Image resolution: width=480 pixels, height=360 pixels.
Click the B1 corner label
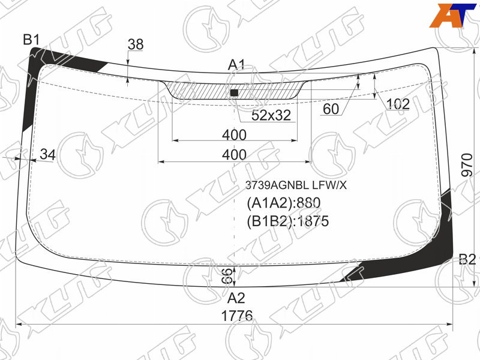[32, 40]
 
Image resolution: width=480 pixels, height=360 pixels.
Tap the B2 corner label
[467, 260]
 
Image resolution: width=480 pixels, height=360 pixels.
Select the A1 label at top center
[236, 65]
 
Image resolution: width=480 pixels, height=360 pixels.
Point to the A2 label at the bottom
[236, 298]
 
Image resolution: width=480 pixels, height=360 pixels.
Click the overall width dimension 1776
[237, 316]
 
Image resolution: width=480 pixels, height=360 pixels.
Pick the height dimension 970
[467, 165]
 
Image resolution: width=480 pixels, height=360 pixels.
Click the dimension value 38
[136, 44]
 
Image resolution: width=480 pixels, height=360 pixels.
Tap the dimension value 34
[48, 155]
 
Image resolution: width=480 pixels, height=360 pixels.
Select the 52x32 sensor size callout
[271, 115]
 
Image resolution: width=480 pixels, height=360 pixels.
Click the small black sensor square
[234, 93]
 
